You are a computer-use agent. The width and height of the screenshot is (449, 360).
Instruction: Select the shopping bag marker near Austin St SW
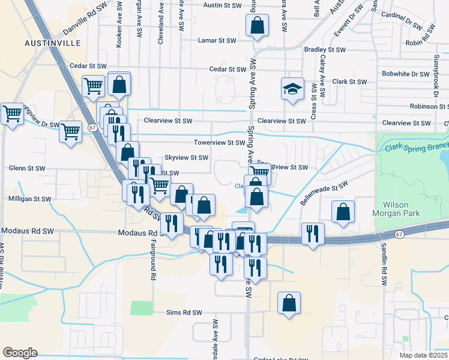[x=256, y=26]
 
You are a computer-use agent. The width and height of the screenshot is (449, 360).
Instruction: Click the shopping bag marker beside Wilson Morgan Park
[x=342, y=212]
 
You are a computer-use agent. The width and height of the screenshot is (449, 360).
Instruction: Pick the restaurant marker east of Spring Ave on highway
[x=312, y=233]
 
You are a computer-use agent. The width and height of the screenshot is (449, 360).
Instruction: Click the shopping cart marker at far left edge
[x=11, y=113]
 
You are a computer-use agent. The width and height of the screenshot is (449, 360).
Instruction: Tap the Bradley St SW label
[x=325, y=50]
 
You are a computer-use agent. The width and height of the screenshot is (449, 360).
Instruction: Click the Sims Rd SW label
[x=184, y=313]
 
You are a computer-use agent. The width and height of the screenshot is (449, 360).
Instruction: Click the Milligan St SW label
[x=29, y=199]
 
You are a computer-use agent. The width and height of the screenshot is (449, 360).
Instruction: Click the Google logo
[x=20, y=352]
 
